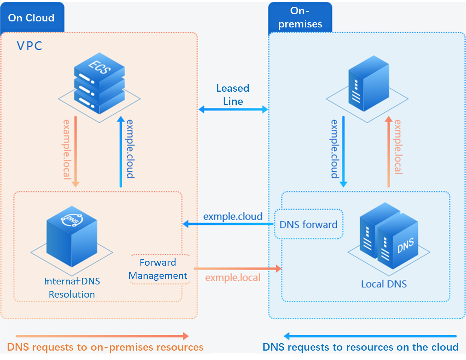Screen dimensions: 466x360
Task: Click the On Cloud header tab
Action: click(x=32, y=17)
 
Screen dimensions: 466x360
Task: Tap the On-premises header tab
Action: click(x=300, y=17)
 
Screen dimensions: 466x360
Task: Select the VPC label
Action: click(x=29, y=46)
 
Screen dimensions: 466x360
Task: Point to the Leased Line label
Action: click(x=233, y=95)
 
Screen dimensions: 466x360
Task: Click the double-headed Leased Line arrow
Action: click(x=233, y=109)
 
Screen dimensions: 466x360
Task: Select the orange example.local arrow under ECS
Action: click(x=76, y=151)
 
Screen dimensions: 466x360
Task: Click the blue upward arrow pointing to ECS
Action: click(x=121, y=151)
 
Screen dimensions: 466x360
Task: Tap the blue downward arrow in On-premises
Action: click(x=343, y=151)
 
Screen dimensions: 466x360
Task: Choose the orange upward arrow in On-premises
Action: click(x=388, y=151)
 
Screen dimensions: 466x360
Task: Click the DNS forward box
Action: click(x=309, y=224)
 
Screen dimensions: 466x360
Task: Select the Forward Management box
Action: click(x=158, y=269)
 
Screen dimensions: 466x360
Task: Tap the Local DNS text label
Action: click(x=384, y=284)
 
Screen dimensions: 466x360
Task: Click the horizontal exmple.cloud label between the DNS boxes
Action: click(x=233, y=216)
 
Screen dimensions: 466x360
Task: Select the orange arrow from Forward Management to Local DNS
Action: click(x=238, y=268)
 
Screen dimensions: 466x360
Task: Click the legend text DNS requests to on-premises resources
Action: click(x=105, y=347)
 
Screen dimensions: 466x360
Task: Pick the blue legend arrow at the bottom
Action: click(x=370, y=336)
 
